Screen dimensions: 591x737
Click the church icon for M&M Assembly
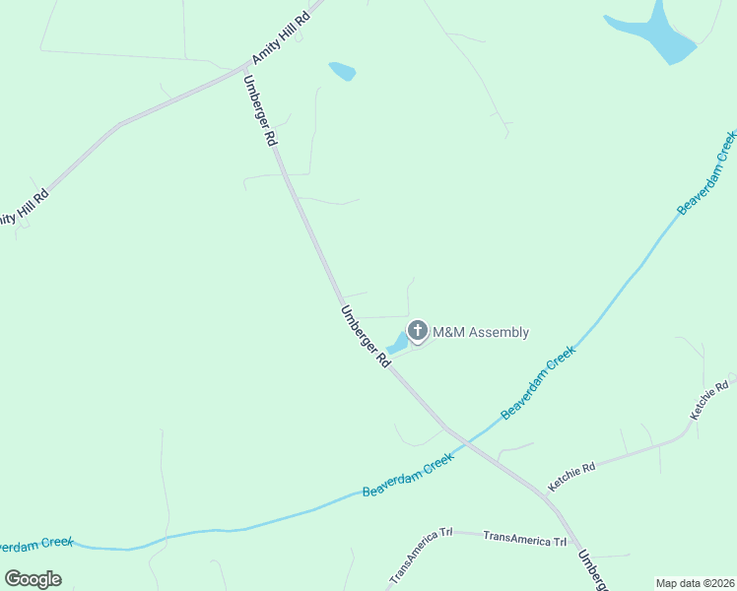pos(418,331)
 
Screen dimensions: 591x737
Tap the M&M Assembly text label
pos(482,332)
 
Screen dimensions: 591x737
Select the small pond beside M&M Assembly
pos(398,344)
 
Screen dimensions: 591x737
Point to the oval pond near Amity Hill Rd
pos(342,71)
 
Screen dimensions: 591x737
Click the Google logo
pos(33,578)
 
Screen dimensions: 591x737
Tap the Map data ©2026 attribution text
pos(696,583)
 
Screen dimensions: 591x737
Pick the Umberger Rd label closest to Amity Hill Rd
pos(259,110)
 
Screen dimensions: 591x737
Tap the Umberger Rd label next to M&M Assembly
pos(366,336)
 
